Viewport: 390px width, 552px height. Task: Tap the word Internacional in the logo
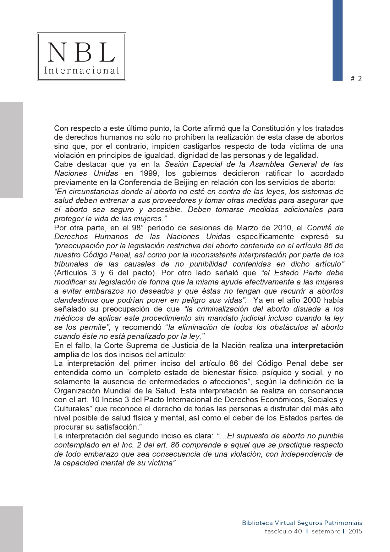pyautogui.click(x=81, y=70)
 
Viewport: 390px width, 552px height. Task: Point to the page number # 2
pyautogui.click(x=356, y=79)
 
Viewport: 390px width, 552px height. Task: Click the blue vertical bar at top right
pyautogui.click(x=338, y=40)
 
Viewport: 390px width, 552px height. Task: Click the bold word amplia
pyautogui.click(x=66, y=354)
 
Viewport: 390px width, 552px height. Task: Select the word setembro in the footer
pyautogui.click(x=326, y=531)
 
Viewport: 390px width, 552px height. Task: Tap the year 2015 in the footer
pyautogui.click(x=355, y=531)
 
